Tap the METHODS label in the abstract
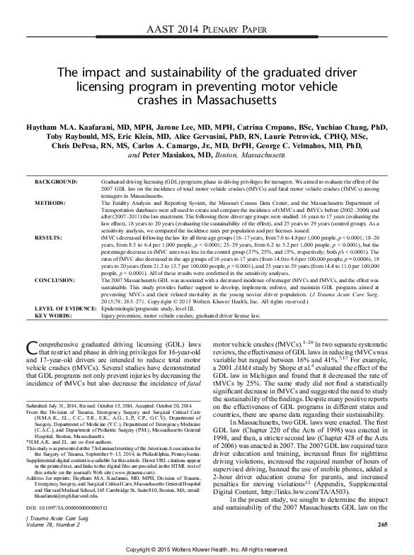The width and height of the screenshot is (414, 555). tap(51, 203)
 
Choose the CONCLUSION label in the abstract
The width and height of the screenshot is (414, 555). tap(56, 281)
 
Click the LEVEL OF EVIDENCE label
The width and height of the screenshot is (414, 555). tap(67, 306)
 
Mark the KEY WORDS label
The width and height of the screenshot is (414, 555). tap(54, 313)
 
